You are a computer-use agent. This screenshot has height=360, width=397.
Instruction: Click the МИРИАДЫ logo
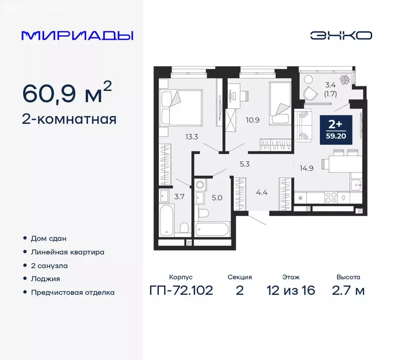77,36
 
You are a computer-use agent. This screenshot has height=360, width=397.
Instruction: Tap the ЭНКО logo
341,36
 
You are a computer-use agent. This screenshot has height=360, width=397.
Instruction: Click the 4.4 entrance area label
262,191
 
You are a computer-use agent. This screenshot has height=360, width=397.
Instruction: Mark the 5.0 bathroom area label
217,197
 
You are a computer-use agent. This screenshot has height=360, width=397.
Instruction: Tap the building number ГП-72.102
181,290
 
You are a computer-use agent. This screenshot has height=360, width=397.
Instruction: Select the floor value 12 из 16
291,290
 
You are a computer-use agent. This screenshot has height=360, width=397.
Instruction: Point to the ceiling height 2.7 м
348,290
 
